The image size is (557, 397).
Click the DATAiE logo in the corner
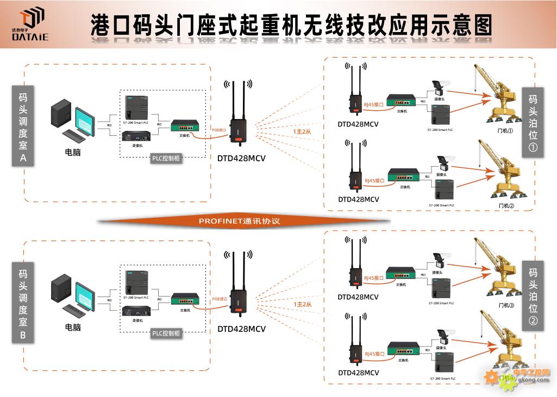pyautogui.click(x=30, y=25)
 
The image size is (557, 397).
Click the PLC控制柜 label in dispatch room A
pyautogui.click(x=166, y=159)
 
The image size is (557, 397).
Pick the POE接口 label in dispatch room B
pyautogui.click(x=220, y=299)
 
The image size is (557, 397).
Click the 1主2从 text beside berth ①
pyautogui.click(x=302, y=131)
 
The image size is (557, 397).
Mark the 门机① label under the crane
pyautogui.click(x=505, y=131)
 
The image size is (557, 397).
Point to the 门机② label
pyautogui.click(x=506, y=206)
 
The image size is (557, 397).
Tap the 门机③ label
pyautogui.click(x=506, y=305)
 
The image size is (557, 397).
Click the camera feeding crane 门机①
pyautogui.click(x=437, y=86)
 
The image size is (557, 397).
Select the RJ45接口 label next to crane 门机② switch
pyautogui.click(x=374, y=180)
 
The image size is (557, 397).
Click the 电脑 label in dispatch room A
pyautogui.click(x=72, y=153)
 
